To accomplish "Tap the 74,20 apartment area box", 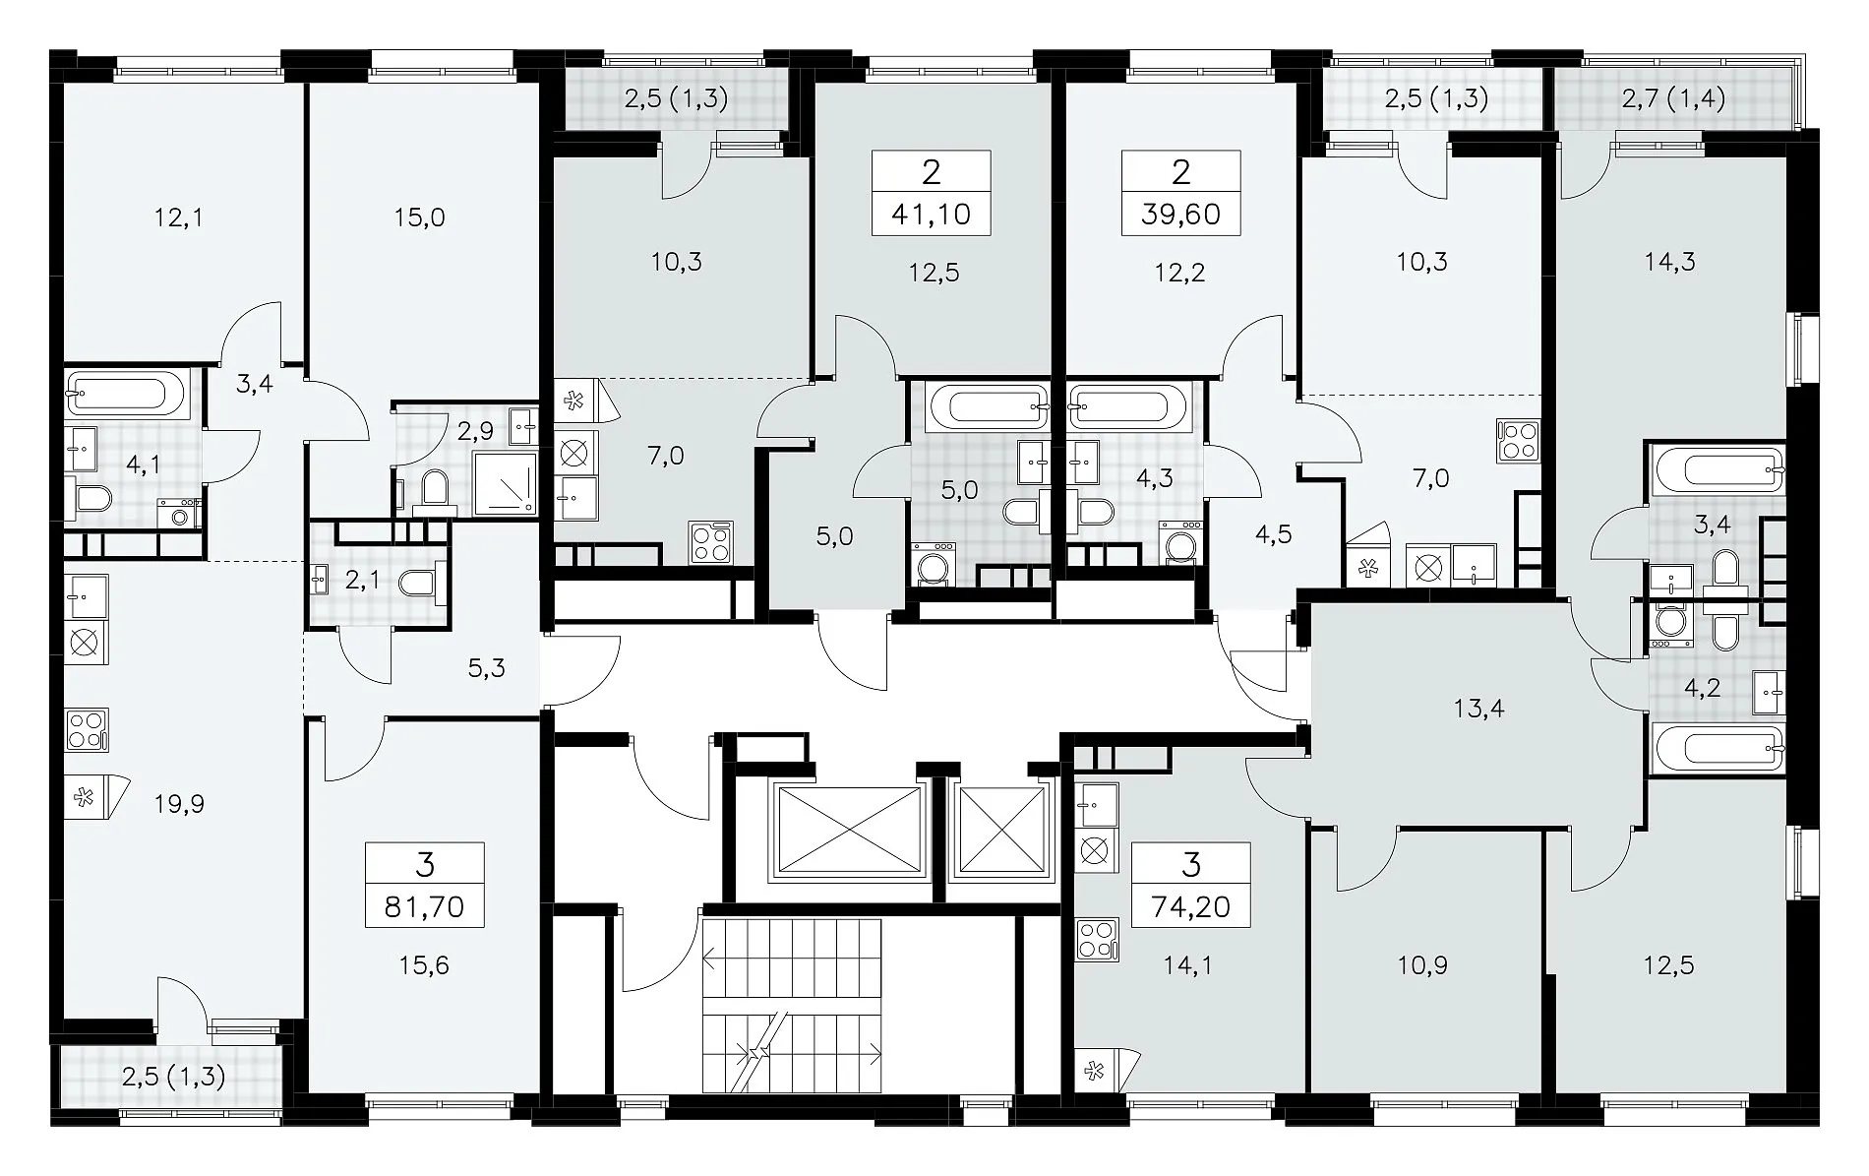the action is (x=1191, y=885).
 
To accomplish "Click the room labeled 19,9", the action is (x=179, y=804).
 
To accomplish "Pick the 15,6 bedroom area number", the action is (x=424, y=965).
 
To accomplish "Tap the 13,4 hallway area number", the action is (x=1479, y=709).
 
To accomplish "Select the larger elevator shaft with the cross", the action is (x=848, y=830).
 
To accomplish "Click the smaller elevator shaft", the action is (x=1000, y=830).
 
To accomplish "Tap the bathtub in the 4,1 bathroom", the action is (x=125, y=395).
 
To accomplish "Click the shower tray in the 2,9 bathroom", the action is (x=506, y=483).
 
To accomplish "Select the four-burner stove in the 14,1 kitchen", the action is (x=1098, y=939).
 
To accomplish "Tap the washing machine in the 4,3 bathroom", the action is (x=1178, y=544).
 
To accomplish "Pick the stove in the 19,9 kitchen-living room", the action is (x=86, y=730).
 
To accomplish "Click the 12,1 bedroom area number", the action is (x=179, y=217).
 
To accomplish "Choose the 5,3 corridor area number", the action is (x=487, y=669).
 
